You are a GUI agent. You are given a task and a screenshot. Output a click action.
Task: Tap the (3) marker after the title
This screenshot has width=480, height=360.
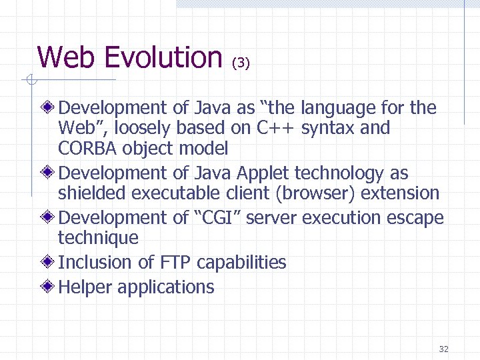241,63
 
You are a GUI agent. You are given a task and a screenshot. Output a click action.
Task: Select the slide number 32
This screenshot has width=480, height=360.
445,349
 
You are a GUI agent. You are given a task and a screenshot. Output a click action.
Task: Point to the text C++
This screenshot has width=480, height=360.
273,128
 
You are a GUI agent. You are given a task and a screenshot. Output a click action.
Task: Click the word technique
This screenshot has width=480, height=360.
99,238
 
